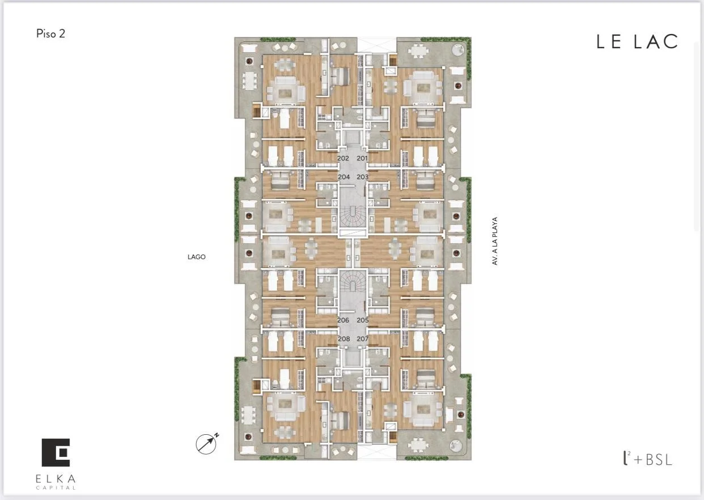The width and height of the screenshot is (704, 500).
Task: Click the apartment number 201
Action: click(x=362, y=158)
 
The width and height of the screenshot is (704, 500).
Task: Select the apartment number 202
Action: click(x=343, y=158)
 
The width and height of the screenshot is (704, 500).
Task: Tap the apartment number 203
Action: click(x=362, y=177)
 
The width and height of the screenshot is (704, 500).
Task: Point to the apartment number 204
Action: click(x=344, y=177)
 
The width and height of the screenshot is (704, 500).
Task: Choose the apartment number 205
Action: click(x=362, y=320)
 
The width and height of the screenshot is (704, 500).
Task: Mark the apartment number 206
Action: click(x=343, y=320)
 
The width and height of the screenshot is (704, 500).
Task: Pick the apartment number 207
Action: click(x=362, y=339)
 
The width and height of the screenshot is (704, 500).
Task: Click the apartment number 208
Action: click(x=344, y=339)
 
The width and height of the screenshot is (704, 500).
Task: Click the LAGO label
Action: click(x=197, y=257)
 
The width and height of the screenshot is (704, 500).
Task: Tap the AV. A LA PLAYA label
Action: click(x=495, y=241)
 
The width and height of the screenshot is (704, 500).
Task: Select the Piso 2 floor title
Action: click(x=50, y=33)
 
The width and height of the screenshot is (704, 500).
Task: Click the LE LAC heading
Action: click(x=637, y=42)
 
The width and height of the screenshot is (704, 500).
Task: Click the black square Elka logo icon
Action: click(x=56, y=452)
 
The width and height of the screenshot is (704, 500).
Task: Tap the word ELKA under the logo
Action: click(x=56, y=478)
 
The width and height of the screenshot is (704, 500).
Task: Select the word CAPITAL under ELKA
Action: click(x=56, y=488)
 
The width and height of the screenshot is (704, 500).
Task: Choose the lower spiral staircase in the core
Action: click(x=353, y=281)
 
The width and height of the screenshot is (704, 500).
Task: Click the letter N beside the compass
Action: click(x=217, y=435)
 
